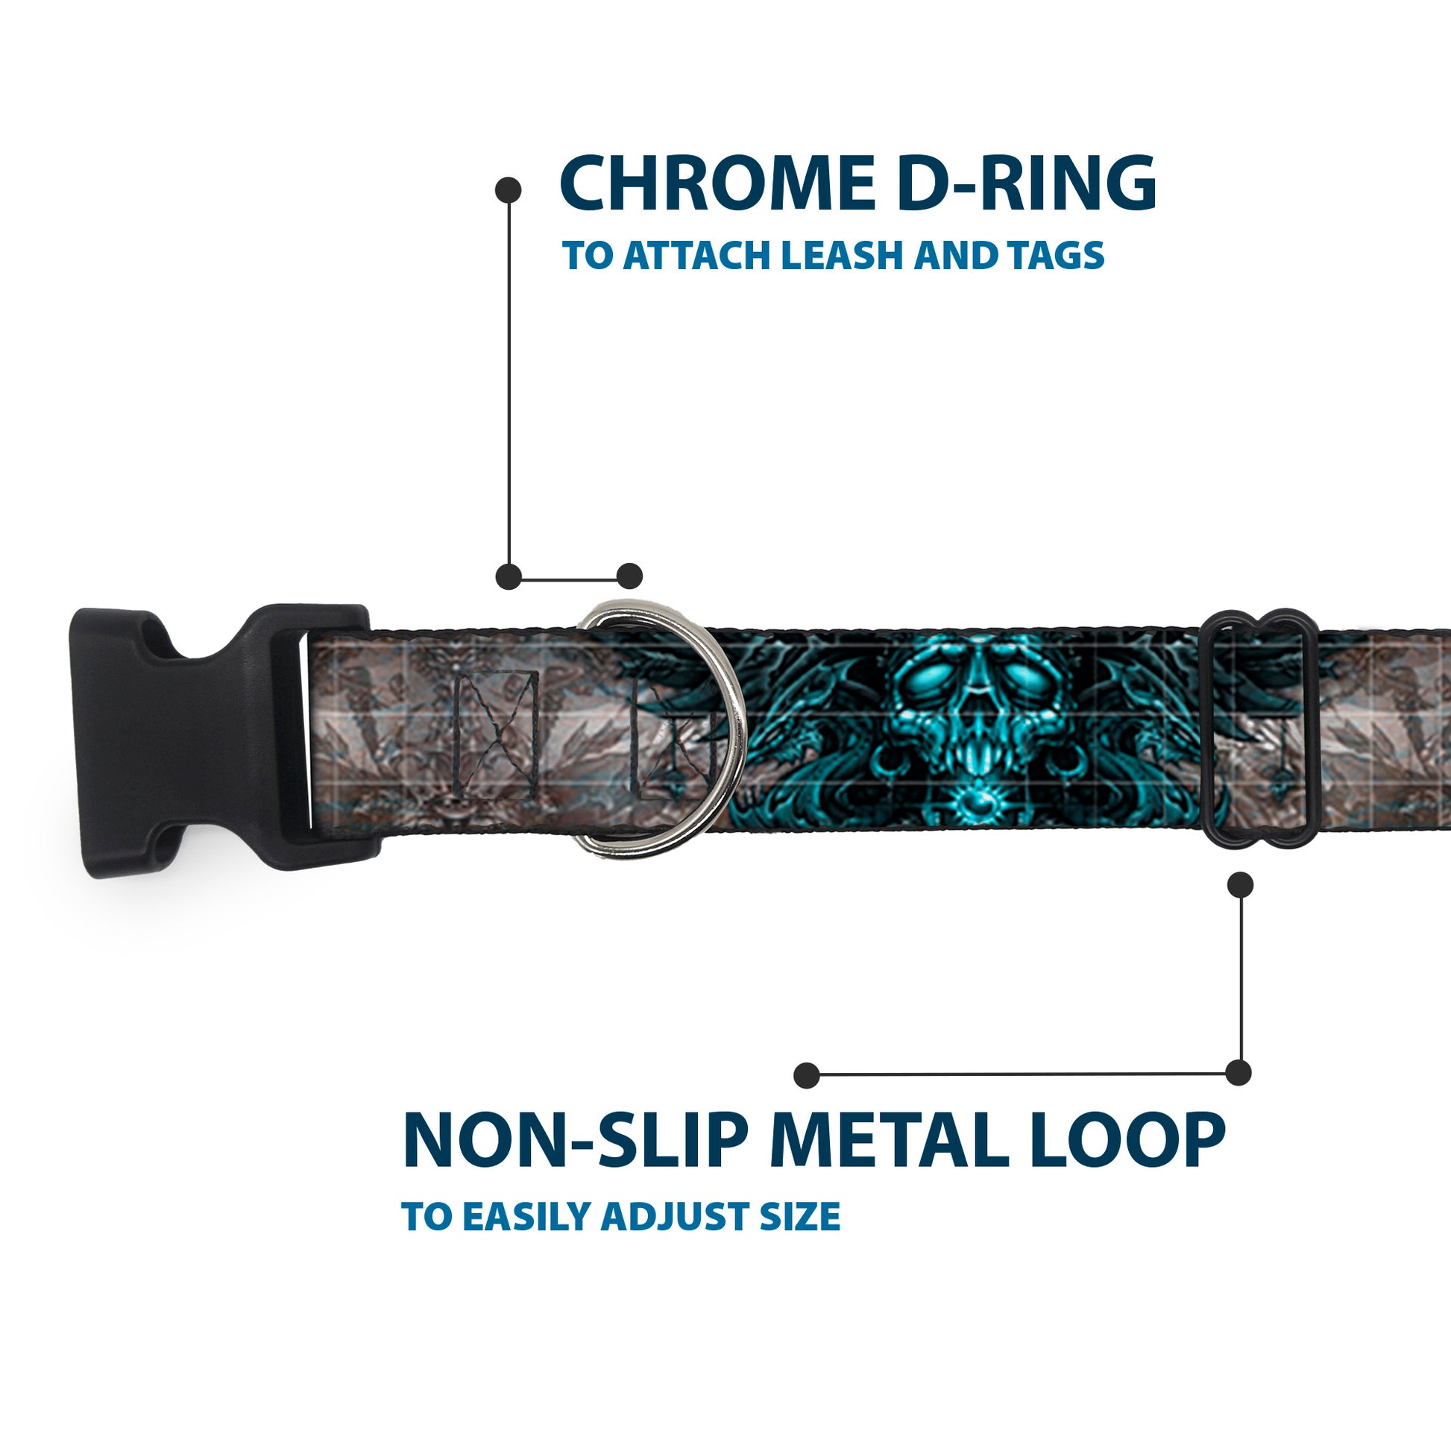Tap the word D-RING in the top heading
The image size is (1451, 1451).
point(1026,185)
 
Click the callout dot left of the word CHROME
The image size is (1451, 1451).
point(509,190)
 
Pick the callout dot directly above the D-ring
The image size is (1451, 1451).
point(629,576)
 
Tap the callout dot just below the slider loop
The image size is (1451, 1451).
point(1240,885)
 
